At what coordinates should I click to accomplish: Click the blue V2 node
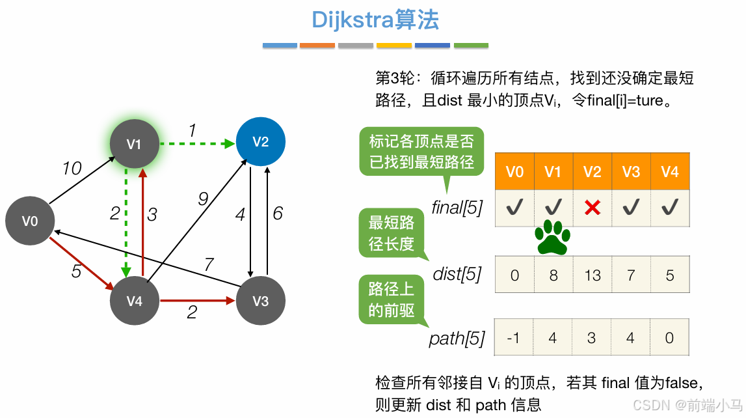(260, 142)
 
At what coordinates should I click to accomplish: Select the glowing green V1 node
(135, 144)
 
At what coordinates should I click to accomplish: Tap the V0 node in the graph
(30, 221)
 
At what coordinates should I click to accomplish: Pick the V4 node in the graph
(135, 300)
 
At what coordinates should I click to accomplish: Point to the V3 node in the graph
(260, 300)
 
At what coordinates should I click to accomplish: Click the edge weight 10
(72, 169)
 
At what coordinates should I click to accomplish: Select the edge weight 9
(203, 199)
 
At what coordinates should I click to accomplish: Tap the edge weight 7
(209, 265)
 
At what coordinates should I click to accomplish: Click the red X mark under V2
(592, 208)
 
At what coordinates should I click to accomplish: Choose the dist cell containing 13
(593, 275)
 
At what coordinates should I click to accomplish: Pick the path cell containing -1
(514, 338)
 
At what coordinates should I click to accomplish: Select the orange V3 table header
(631, 172)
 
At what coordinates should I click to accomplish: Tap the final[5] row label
(457, 207)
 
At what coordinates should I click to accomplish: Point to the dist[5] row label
(457, 274)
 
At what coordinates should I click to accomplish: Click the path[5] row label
(457, 338)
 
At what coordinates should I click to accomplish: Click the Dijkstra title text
(375, 20)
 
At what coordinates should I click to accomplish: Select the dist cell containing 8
(553, 275)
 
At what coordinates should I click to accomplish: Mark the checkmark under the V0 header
(514, 208)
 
